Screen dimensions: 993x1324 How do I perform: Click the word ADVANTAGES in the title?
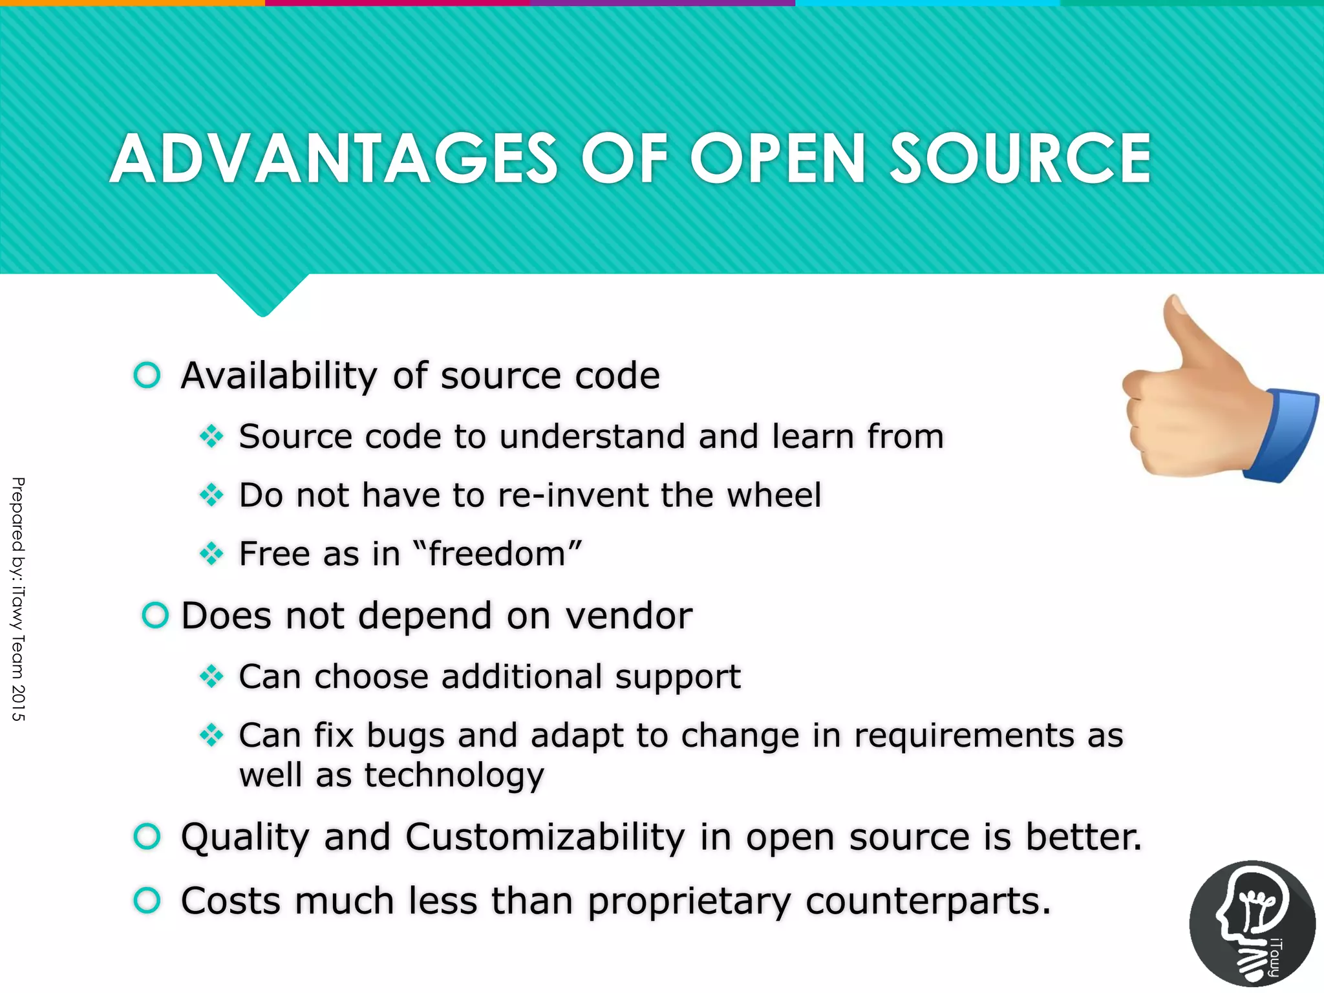coord(333,159)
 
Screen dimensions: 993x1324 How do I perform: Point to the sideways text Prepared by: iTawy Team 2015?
coord(18,599)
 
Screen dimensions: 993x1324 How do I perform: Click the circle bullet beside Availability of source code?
coord(147,375)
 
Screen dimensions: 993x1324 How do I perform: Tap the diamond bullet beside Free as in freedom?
coord(211,554)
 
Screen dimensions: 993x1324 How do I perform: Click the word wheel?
coord(774,495)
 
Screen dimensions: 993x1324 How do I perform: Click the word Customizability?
coord(545,837)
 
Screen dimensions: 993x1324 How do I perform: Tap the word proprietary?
coord(689,901)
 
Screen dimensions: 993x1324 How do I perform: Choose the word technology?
coord(454,774)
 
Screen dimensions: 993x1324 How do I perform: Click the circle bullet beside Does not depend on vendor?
coord(155,615)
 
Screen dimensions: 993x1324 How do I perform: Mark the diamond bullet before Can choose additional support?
coord(211,677)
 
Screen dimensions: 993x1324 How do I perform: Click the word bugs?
coord(405,736)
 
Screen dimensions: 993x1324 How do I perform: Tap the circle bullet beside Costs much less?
coord(147,901)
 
